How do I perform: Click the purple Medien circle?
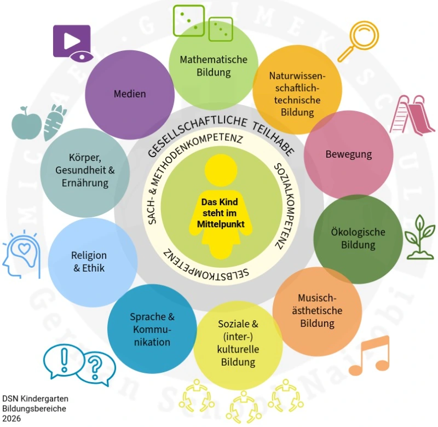click(x=130, y=94)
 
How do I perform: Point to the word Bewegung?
click(x=348, y=154)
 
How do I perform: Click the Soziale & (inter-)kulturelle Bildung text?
click(x=238, y=343)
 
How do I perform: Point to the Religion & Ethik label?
click(x=89, y=262)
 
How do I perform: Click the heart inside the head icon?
click(x=24, y=250)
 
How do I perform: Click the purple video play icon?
click(x=71, y=41)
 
